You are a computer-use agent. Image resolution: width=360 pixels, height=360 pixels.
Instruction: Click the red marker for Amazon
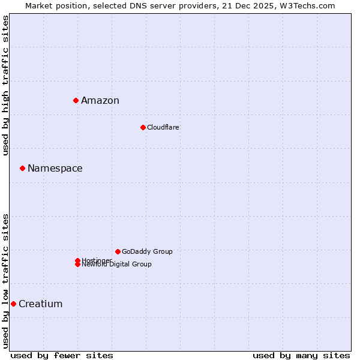point(76,100)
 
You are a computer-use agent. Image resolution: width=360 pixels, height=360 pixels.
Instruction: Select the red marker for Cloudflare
point(143,127)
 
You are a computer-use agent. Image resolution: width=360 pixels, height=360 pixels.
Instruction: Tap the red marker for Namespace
point(22,168)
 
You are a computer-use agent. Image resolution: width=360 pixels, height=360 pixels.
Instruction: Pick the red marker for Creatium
point(13,304)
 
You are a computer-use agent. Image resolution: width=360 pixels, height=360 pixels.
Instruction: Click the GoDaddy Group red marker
point(118,251)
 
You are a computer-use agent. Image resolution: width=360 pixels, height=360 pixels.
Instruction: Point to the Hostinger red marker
point(77,260)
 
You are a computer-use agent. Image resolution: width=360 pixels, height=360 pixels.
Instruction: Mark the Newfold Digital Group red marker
point(77,265)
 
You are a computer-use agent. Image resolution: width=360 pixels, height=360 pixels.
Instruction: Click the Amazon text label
point(100,100)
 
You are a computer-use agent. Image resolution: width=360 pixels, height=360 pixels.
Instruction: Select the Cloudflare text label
point(163,127)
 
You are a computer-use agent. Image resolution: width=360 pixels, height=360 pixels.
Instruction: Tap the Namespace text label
point(55,168)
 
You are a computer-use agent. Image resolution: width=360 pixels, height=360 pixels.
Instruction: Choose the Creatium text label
point(40,304)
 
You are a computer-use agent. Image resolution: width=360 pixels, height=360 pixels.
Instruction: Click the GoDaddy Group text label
point(147,251)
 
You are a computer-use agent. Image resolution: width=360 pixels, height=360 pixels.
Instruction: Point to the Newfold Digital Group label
point(116,265)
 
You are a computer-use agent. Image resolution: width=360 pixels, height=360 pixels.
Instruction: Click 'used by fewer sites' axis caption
point(62,355)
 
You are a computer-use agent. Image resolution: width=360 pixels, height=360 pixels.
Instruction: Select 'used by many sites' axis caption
point(301,355)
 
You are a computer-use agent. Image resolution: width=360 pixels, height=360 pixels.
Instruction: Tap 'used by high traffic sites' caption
point(5,85)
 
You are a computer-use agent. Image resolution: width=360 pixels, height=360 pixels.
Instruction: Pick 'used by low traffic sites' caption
point(5,280)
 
